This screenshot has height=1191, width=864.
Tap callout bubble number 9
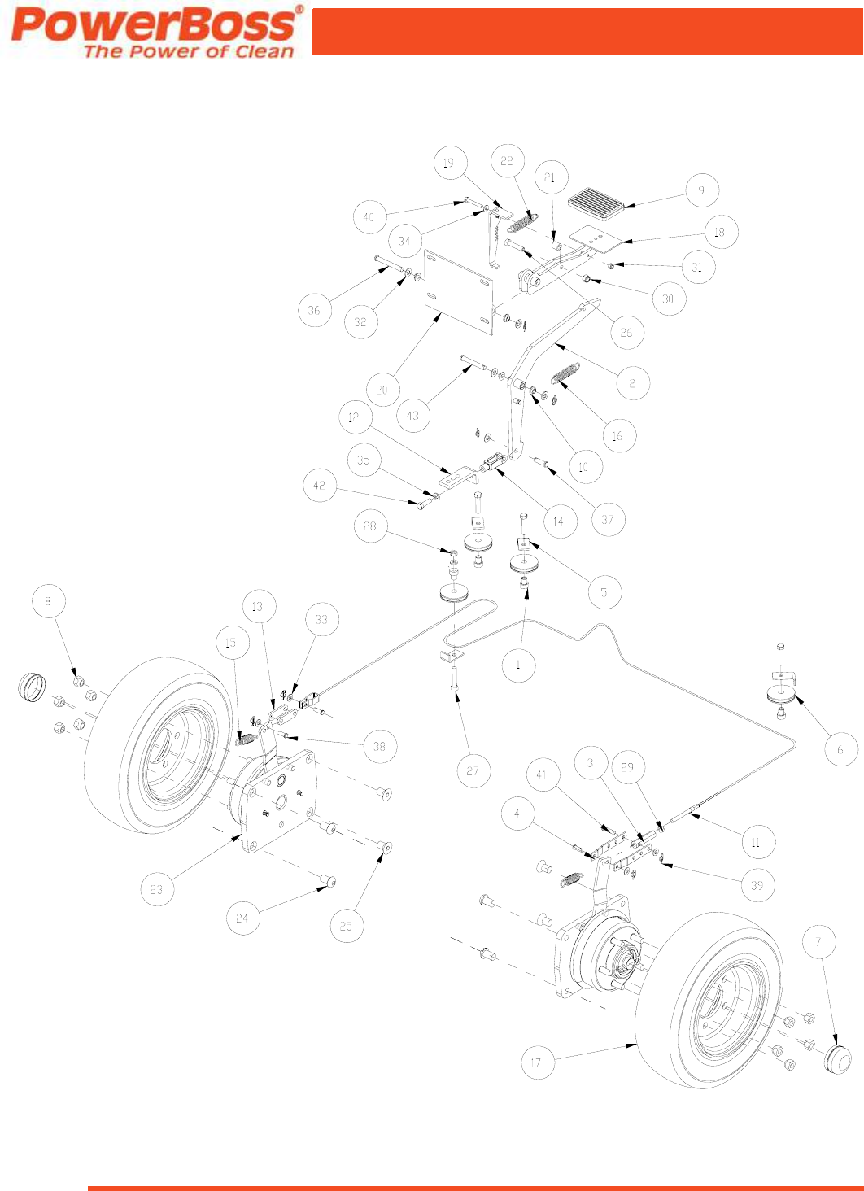pyautogui.click(x=701, y=191)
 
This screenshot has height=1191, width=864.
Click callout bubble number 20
pyautogui.click(x=382, y=390)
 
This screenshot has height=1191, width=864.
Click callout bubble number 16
pyautogui.click(x=617, y=436)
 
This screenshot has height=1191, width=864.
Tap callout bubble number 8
pyautogui.click(x=48, y=601)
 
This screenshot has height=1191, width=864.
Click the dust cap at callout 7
pyautogui.click(x=837, y=1059)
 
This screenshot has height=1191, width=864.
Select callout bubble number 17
pyautogui.click(x=536, y=1062)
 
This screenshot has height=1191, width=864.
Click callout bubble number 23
pyautogui.click(x=156, y=889)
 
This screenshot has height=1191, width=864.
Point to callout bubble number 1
pyautogui.click(x=518, y=665)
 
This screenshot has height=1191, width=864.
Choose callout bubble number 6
pyautogui.click(x=841, y=749)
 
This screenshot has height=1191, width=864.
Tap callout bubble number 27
pyautogui.click(x=473, y=770)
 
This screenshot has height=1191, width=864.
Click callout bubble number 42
pyautogui.click(x=319, y=485)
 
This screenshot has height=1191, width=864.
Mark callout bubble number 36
pyautogui.click(x=314, y=310)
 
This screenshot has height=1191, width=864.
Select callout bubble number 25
pyautogui.click(x=346, y=926)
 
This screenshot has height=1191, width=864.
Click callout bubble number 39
pyautogui.click(x=757, y=885)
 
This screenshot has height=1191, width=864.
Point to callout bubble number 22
pyautogui.click(x=507, y=161)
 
